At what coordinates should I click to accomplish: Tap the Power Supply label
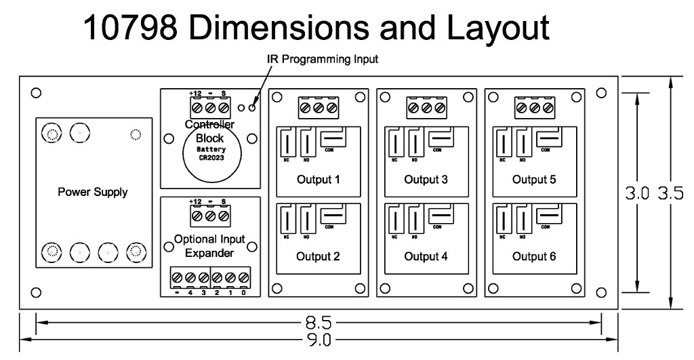[92, 192]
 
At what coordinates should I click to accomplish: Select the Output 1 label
[318, 180]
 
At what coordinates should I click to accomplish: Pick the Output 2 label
[318, 257]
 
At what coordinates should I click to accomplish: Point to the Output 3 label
[426, 180]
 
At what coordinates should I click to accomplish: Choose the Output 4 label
[426, 257]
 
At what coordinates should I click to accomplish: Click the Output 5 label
[534, 180]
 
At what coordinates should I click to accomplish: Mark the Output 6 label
[534, 257]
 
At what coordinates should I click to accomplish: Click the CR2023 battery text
[210, 157]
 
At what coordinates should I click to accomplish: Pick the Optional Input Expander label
[209, 246]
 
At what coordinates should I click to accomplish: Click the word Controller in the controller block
[209, 125]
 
